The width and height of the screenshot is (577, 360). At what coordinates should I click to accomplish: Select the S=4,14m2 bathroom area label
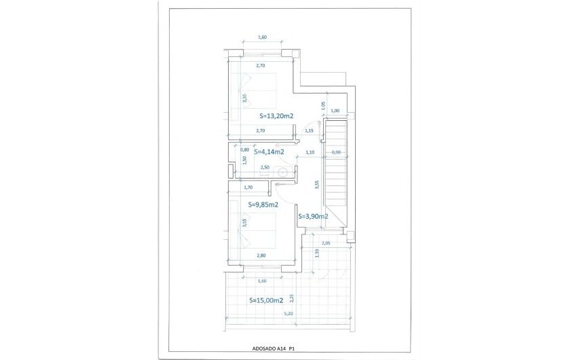coord(269,152)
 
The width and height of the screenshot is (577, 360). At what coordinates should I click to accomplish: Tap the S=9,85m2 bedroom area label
coord(263,204)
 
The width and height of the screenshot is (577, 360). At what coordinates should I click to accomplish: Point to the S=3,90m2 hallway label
coord(313,216)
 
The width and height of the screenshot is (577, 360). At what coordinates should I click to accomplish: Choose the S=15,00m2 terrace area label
coord(265,300)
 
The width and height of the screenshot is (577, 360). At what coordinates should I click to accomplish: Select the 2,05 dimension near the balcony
coord(326,243)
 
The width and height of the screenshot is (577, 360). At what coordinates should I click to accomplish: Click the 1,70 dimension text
coord(248,187)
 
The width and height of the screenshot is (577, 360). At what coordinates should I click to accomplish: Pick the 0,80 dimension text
coord(244,149)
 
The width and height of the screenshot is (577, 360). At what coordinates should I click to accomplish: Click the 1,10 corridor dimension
coord(310,152)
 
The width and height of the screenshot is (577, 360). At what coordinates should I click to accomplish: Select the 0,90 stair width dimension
coord(335,152)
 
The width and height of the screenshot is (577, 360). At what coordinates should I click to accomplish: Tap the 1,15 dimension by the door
coord(309,130)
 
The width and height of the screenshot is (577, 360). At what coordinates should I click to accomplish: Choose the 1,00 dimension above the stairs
coord(334,111)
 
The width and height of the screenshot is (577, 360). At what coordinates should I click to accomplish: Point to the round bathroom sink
coord(283,173)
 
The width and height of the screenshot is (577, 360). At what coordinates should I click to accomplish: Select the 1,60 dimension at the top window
coord(262,37)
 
